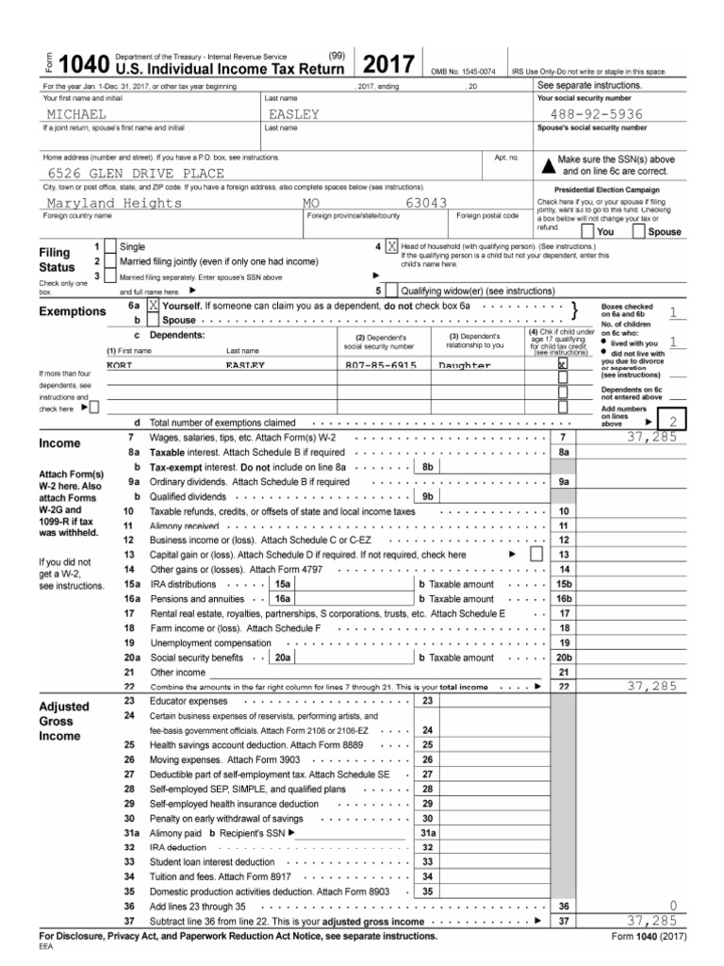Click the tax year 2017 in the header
(389, 66)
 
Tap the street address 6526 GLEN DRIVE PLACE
(136, 174)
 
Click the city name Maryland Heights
(114, 203)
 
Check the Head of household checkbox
(392, 246)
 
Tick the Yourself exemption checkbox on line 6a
(153, 308)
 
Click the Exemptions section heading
(72, 311)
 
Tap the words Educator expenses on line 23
(189, 702)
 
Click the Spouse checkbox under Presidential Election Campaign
(640, 231)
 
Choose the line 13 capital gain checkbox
(536, 554)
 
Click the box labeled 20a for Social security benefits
(282, 657)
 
